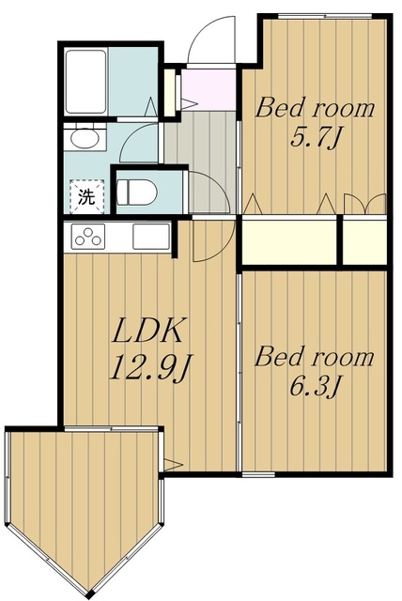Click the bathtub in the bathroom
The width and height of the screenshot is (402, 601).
pos(85,81)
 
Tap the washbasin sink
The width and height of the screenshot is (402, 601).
pos(85,138)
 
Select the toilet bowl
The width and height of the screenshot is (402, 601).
pos(137,192)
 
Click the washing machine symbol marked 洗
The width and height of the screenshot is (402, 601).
pos(86,196)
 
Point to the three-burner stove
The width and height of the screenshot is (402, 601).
pos(88,236)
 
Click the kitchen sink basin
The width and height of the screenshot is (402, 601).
pos(151,236)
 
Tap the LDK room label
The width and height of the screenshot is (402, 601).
pos(147,330)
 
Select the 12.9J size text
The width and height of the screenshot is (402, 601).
pos(151,367)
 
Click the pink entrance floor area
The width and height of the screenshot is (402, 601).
pos(209,90)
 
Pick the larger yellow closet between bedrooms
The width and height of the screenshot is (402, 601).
pos(289,242)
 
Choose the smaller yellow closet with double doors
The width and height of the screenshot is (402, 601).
pos(364,242)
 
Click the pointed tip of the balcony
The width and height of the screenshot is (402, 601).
pos(89,595)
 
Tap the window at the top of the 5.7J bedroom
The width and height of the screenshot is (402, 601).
pos(325,16)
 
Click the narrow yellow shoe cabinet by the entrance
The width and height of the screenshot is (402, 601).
pos(169,92)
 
